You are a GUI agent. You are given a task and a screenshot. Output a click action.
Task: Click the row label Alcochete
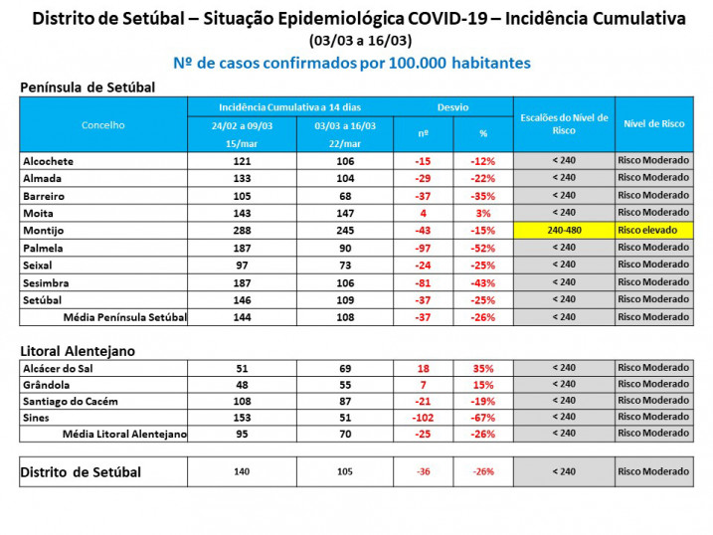pyautogui.click(x=48, y=161)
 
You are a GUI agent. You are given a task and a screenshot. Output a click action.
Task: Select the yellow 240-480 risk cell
pyautogui.click(x=563, y=230)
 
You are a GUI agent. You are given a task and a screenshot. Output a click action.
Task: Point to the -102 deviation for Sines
pyautogui.click(x=423, y=417)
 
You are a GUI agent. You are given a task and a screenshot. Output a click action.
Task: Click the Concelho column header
pyautogui.click(x=103, y=125)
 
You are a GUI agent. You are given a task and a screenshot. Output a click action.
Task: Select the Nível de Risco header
pyautogui.click(x=653, y=123)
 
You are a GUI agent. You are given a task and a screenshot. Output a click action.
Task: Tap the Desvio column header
pyautogui.click(x=452, y=106)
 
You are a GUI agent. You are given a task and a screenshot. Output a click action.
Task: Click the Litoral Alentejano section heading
pyautogui.click(x=78, y=351)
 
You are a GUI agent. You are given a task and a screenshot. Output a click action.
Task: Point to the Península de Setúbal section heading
pyautogui.click(x=88, y=88)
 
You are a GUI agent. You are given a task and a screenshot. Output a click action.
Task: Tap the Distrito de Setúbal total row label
pyautogui.click(x=81, y=471)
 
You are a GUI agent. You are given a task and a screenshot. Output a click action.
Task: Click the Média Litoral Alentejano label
pyautogui.click(x=124, y=434)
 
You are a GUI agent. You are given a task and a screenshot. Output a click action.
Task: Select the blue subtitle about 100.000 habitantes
pyautogui.click(x=352, y=63)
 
